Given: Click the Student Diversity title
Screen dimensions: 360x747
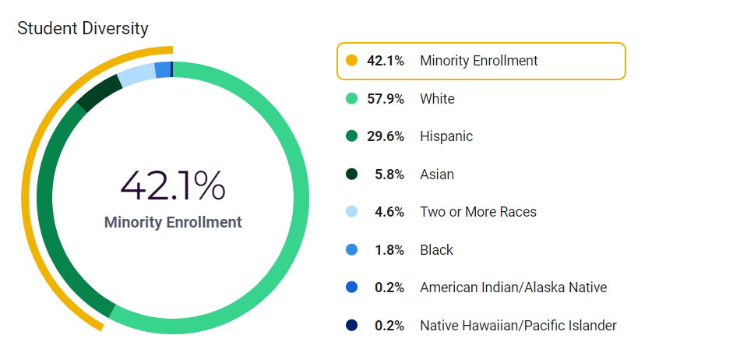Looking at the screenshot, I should click(83, 29).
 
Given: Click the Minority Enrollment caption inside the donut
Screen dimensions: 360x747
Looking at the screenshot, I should click(173, 222).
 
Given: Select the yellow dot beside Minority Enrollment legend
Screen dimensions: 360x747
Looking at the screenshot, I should click(351, 61).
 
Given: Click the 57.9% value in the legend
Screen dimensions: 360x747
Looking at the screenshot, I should click(386, 99).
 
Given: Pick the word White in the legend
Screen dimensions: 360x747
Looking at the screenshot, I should click(437, 99).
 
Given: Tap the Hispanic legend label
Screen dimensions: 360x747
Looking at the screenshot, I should click(446, 136).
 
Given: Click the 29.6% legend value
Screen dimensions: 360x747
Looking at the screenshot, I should click(386, 136).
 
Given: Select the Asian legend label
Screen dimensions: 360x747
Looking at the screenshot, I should click(437, 175).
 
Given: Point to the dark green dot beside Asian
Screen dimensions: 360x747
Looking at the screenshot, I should click(351, 175).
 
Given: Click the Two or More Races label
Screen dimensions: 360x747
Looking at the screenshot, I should click(478, 212).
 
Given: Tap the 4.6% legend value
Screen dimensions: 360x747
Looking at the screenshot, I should click(389, 212).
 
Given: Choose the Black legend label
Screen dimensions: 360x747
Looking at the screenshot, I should click(436, 250).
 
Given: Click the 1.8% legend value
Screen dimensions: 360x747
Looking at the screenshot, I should click(389, 250).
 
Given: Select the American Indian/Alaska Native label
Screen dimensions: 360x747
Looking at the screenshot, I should click(513, 288).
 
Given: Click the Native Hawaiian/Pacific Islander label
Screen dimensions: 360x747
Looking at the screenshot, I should click(518, 326).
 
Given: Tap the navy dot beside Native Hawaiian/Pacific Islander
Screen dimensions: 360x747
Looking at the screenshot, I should click(351, 326).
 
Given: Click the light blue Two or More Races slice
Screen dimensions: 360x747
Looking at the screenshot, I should click(137, 75).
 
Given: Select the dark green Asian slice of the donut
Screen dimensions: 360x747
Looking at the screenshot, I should click(99, 93).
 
